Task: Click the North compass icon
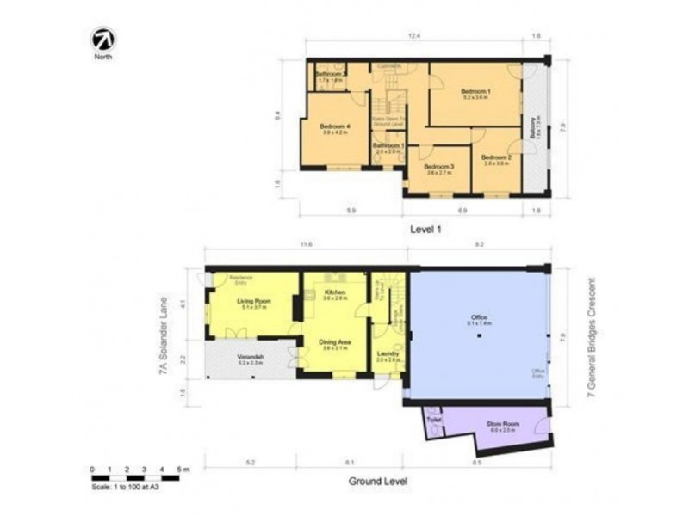click(x=103, y=40)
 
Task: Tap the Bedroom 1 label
click(x=475, y=91)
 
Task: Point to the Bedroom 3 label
click(x=440, y=167)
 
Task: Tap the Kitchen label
click(x=335, y=293)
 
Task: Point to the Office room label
click(x=479, y=318)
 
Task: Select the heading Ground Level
click(x=378, y=481)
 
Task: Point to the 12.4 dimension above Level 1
click(x=414, y=37)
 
